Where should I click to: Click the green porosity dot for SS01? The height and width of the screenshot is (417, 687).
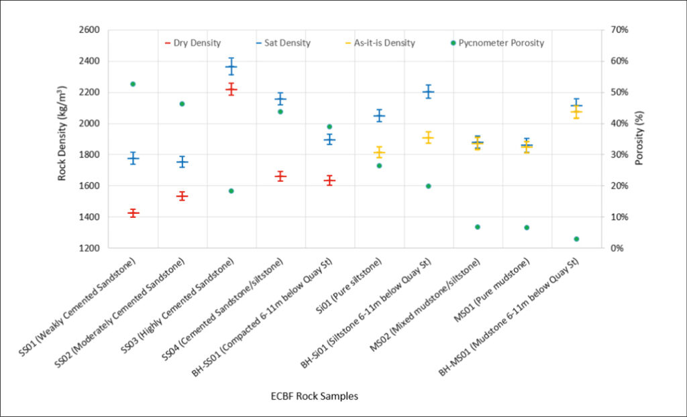pos(133,84)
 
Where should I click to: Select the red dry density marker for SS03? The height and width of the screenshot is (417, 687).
pos(231,89)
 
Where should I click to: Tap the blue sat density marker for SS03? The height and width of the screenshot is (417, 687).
pos(231,66)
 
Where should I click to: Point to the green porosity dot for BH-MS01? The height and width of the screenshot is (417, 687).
pos(576,239)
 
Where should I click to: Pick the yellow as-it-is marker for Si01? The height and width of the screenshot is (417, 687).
pos(379,153)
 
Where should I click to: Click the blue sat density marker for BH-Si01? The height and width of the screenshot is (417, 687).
pos(428,91)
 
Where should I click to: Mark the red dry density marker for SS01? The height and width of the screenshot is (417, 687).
pos(133,213)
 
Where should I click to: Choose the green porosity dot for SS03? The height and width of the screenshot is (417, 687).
pos(231,191)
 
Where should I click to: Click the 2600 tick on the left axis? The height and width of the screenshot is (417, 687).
pos(89,30)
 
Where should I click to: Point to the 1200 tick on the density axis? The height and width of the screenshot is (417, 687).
pos(89,248)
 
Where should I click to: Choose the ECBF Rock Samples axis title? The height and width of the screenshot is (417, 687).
pos(309,396)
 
